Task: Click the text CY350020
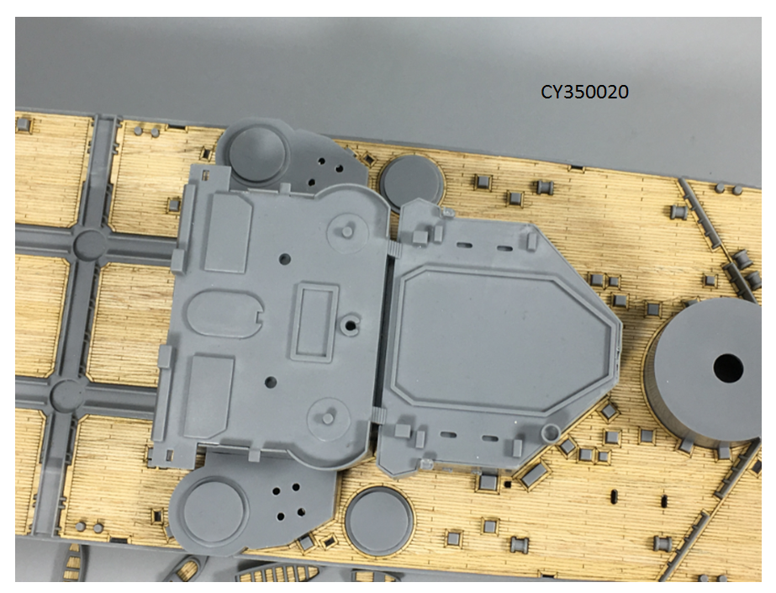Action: [584, 92]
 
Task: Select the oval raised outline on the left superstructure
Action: [225, 315]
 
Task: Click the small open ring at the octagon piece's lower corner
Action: [550, 433]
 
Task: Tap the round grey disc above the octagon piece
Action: [411, 182]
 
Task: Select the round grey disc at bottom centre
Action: [379, 520]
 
